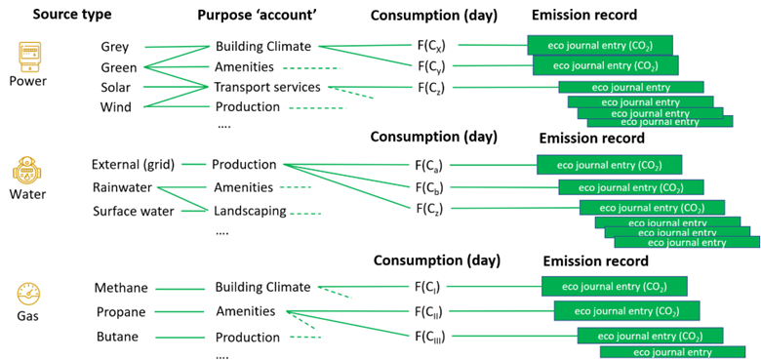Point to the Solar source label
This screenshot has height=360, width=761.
pos(115,87)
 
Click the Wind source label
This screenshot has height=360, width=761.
pos(115,106)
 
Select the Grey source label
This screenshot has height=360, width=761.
pos(114,47)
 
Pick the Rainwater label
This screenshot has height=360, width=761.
pos(123,187)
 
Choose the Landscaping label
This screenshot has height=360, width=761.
pos(251,211)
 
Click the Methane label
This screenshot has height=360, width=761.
pos(120,289)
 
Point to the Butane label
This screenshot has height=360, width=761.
pos(116,337)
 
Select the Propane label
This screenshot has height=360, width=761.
pos(120,312)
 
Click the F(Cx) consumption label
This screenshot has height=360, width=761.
pos(431,45)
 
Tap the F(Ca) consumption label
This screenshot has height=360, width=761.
pos(431,166)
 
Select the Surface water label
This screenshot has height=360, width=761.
pos(133,211)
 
